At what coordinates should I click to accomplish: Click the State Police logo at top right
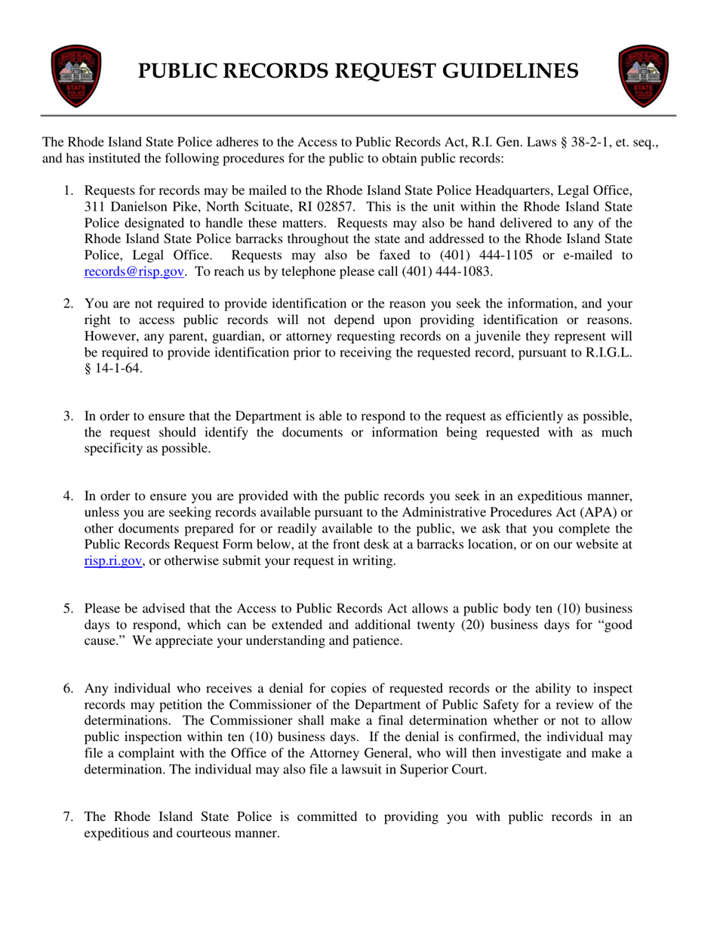pyautogui.click(x=644, y=76)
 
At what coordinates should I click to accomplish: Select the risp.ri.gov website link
pyautogui.click(x=113, y=561)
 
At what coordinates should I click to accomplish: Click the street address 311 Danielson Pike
pyautogui.click(x=144, y=206)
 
